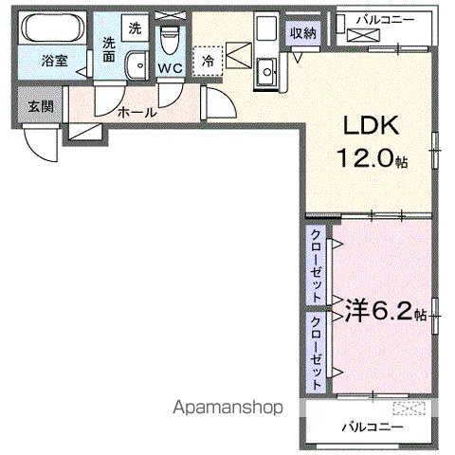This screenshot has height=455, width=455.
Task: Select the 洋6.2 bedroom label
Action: pos(374,309)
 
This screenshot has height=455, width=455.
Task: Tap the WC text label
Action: pos(171,68)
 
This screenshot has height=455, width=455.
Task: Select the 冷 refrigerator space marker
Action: pos(208,59)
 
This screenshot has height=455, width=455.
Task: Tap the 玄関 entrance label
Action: pos(40,105)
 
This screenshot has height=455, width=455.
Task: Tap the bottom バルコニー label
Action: pos(373,427)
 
